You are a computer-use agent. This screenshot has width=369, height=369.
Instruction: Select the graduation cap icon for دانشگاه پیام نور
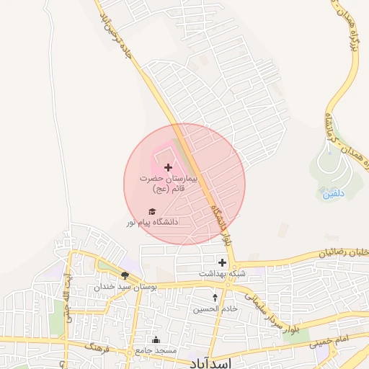point(151,211)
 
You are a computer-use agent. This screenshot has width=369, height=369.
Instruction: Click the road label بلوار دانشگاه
point(223,225)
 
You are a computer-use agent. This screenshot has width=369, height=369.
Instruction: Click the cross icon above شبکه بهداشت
point(222,262)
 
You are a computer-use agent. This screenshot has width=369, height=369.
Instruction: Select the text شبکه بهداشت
point(222,275)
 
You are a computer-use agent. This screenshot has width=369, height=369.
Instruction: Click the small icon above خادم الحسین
point(215,297)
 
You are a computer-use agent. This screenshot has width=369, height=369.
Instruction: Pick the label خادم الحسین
point(215,308)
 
